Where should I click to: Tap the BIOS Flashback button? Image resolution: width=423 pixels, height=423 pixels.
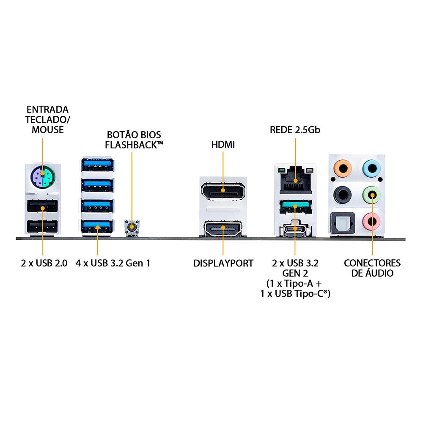[x=132, y=227]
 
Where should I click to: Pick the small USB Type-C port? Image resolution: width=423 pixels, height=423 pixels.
[x=295, y=229]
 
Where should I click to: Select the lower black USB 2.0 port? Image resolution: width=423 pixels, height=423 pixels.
[x=42, y=227]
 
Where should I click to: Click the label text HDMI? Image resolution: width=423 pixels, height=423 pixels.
[x=223, y=145]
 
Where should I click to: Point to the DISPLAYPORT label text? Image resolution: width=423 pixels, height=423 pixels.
[x=223, y=263]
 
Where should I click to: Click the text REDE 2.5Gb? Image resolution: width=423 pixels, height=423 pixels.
[x=295, y=129]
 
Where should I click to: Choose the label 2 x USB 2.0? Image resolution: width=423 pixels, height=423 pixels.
[x=44, y=263]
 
